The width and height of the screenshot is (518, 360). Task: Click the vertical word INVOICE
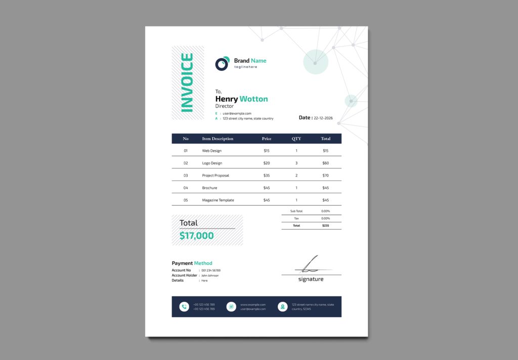pyautogui.click(x=187, y=82)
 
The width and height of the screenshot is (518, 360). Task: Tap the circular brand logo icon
pyautogui.click(x=222, y=64)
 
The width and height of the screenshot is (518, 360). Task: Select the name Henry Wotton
pyautogui.click(x=241, y=99)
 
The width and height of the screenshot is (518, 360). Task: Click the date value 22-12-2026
pyautogui.click(x=323, y=118)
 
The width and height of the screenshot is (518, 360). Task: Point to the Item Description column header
pyautogui.click(x=218, y=139)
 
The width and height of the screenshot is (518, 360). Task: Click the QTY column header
pyautogui.click(x=296, y=139)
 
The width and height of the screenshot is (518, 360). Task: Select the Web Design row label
pyautogui.click(x=211, y=151)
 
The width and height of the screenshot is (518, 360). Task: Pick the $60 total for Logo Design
pyautogui.click(x=325, y=163)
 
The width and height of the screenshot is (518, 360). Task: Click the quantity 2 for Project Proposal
pyautogui.click(x=296, y=175)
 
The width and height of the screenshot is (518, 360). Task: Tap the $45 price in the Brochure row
pyautogui.click(x=267, y=188)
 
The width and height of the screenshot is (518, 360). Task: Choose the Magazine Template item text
pyautogui.click(x=218, y=200)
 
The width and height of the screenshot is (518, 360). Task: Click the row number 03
pyautogui.click(x=186, y=175)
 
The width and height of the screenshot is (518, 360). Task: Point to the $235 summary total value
pyautogui.click(x=325, y=226)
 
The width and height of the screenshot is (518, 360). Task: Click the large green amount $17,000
pyautogui.click(x=197, y=236)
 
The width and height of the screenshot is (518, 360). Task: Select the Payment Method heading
pyautogui.click(x=192, y=263)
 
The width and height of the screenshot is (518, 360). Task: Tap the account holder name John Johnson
pyautogui.click(x=210, y=276)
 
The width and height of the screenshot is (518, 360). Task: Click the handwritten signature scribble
pyautogui.click(x=310, y=264)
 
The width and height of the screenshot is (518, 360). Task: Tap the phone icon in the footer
pyautogui.click(x=184, y=306)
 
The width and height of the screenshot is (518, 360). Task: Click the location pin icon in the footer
pyautogui.click(x=282, y=306)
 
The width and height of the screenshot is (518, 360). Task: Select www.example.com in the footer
pyautogui.click(x=253, y=304)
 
